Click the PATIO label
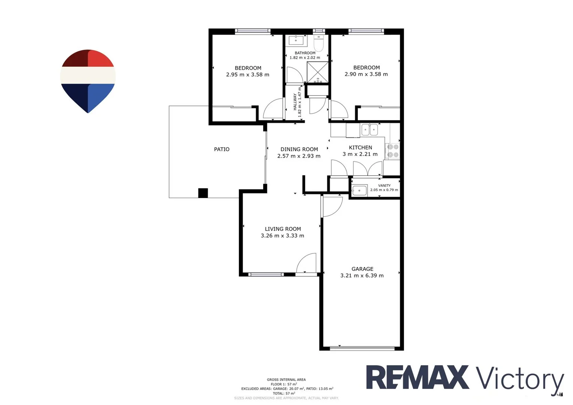point(222,149)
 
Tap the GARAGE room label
point(362,269)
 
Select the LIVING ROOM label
point(283,229)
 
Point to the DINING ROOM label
point(299,149)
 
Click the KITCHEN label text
point(360,147)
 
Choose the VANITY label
point(384,186)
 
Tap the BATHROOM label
point(305,53)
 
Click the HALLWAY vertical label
point(295,102)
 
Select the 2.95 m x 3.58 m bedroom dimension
point(247,75)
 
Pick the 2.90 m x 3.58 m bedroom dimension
point(366,74)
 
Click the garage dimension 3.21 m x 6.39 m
point(362,276)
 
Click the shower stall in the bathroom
point(318,72)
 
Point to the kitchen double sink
point(369,130)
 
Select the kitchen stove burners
point(393,151)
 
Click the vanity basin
point(359,190)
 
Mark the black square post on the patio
point(203,193)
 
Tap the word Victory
point(520,379)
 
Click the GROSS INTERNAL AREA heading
point(286,379)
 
